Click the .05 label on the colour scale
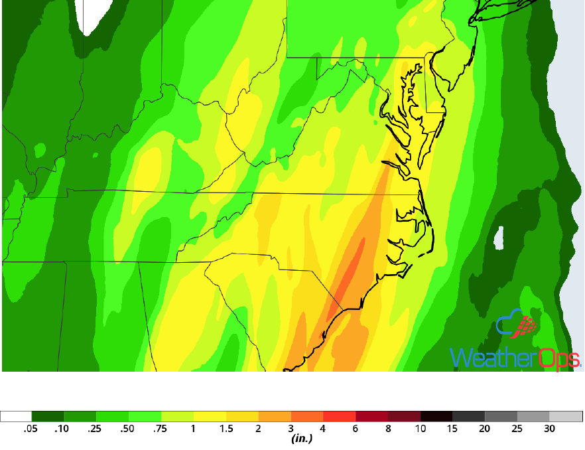30,429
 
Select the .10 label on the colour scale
62,429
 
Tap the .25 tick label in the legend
95,429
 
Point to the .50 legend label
127,429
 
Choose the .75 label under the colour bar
160,429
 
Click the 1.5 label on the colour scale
226,429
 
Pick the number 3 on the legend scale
291,429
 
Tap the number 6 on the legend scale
356,429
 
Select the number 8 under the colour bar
388,429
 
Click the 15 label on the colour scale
452,429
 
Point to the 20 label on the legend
485,429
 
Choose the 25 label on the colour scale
517,429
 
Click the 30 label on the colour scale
549,429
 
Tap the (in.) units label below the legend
302,439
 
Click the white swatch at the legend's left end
16,417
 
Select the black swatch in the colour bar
436,417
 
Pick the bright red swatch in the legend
340,417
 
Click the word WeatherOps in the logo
515,357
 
